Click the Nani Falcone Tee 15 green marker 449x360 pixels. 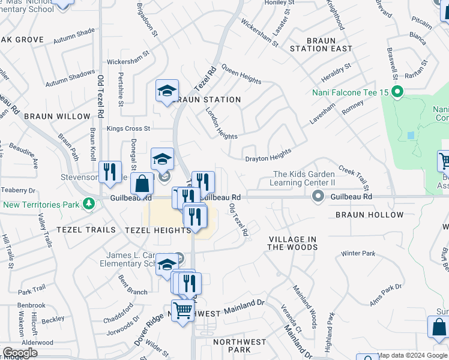click(x=396, y=92)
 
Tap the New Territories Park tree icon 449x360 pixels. click(x=89, y=205)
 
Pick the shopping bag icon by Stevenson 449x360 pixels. click(x=142, y=184)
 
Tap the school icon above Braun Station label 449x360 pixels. click(x=167, y=91)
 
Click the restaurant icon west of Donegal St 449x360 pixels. click(x=110, y=172)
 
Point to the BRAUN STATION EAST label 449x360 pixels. click(x=321, y=44)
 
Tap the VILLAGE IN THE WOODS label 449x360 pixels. click(x=292, y=243)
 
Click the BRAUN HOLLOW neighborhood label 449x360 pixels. click(x=369, y=215)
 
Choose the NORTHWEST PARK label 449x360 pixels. click(x=240, y=346)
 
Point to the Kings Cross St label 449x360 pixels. click(x=128, y=128)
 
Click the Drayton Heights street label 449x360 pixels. click(x=268, y=155)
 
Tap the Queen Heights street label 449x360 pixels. click(x=241, y=74)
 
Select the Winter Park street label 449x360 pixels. click(x=358, y=254)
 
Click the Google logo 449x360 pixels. click(x=20, y=353)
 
